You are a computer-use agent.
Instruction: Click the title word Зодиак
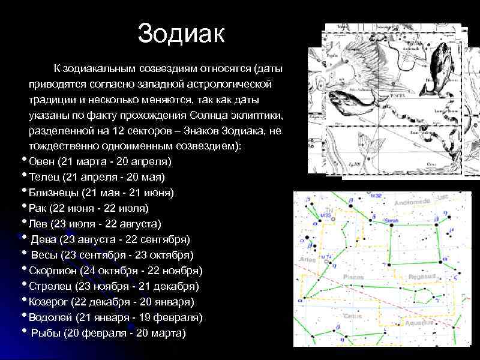[181, 34]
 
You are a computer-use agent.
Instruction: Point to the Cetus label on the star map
[352, 316]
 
